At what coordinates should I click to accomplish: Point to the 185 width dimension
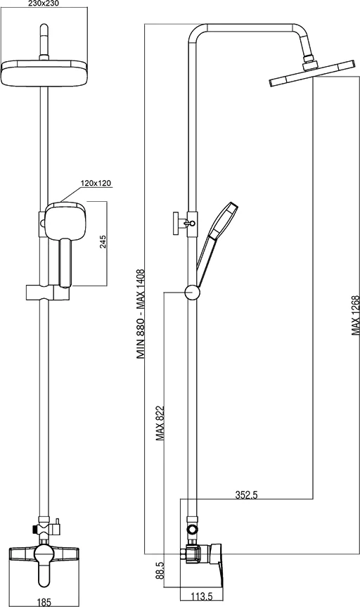[x=43, y=601]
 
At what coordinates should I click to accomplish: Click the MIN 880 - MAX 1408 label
[x=141, y=314]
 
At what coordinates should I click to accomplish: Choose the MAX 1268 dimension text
[x=355, y=316]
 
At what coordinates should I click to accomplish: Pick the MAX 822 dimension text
[x=160, y=423]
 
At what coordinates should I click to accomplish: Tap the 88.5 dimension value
[x=160, y=571]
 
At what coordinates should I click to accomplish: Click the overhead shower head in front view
[x=44, y=72]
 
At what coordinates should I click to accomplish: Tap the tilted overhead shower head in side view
[x=312, y=73]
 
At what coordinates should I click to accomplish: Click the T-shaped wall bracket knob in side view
[x=182, y=223]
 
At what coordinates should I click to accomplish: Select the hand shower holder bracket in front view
[x=48, y=293]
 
